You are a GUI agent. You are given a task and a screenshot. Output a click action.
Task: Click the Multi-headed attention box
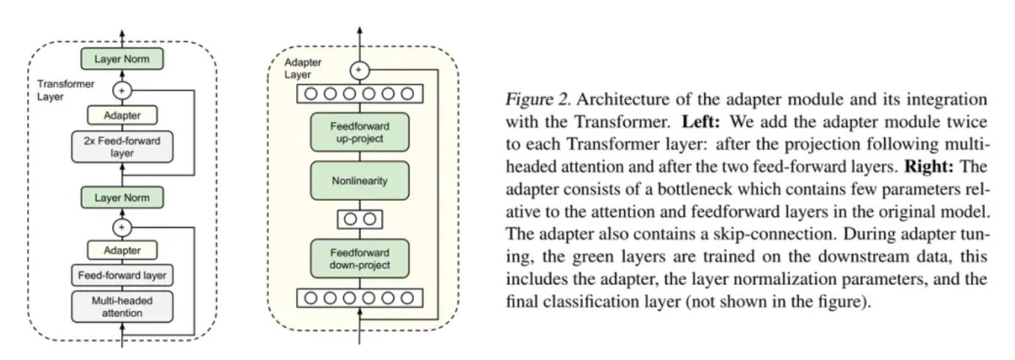tap(122, 306)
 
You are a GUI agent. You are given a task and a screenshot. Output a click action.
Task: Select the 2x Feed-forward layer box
tap(122, 146)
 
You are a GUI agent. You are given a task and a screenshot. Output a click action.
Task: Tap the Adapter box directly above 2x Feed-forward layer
tap(122, 115)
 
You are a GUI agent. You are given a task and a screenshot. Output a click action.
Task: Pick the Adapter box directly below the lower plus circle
tap(122, 250)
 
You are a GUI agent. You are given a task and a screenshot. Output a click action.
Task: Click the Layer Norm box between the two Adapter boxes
tap(122, 198)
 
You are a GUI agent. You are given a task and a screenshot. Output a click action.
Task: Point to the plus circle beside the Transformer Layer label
tap(122, 90)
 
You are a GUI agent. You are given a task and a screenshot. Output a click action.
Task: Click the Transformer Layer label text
tap(65, 90)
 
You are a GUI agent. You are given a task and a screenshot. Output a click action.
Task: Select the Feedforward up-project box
tap(360, 133)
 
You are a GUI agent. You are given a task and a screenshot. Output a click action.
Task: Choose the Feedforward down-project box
tap(360, 258)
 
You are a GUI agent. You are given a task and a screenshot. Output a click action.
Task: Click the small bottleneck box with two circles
tap(360, 218)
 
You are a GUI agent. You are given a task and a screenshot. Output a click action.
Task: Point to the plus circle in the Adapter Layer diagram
tap(359, 71)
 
